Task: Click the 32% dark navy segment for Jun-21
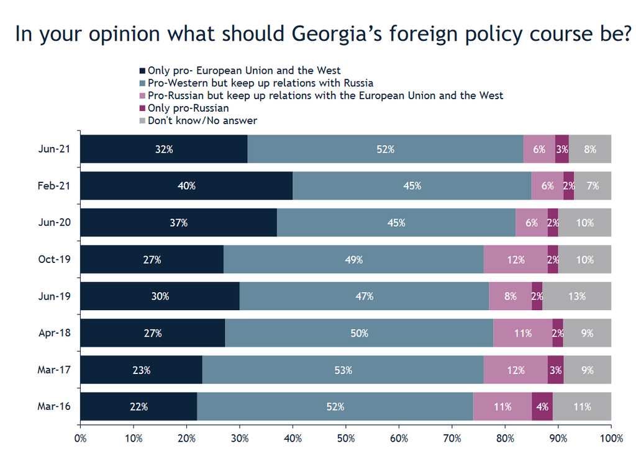tap(164, 149)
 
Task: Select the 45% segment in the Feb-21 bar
tap(412, 185)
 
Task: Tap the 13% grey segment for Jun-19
tap(577, 296)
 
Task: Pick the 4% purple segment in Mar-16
tap(542, 407)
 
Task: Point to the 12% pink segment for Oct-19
tap(516, 260)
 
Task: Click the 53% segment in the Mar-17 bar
tap(343, 370)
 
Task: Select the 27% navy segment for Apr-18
tap(152, 333)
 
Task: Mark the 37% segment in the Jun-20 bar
tap(178, 223)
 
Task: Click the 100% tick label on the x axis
tap(611, 438)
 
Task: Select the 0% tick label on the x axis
tap(80, 438)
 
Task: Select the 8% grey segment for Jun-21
tap(590, 149)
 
